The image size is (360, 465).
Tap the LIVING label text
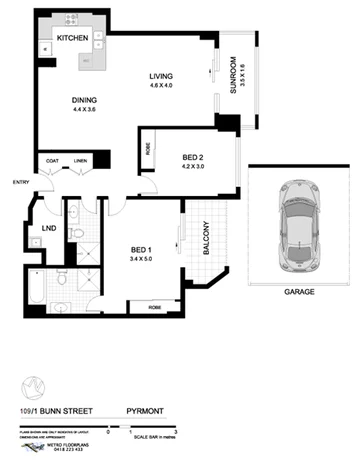click(x=162, y=76)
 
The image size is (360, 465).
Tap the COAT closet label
click(x=51, y=161)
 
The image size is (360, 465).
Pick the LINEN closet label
click(x=80, y=161)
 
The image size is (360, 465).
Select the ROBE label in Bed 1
click(x=155, y=307)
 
